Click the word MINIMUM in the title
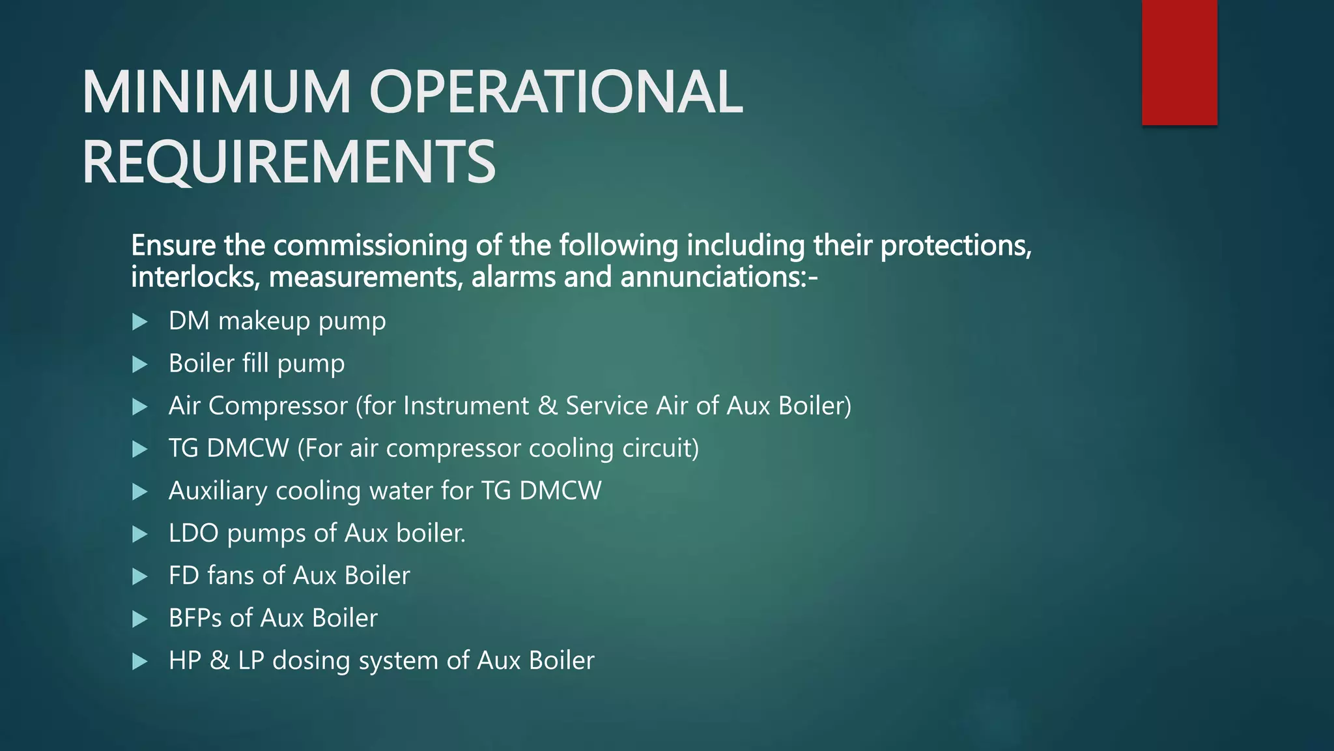point(216,93)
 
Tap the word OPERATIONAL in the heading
point(556,93)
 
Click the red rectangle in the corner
point(1179,62)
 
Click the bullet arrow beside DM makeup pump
point(139,321)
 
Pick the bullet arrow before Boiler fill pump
point(139,364)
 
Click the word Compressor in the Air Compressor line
point(278,406)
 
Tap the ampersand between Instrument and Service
point(547,406)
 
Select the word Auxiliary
point(218,491)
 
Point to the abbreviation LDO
point(193,533)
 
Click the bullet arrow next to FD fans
point(139,576)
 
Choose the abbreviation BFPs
point(195,618)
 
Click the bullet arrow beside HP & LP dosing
point(139,662)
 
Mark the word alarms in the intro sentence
point(513,277)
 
